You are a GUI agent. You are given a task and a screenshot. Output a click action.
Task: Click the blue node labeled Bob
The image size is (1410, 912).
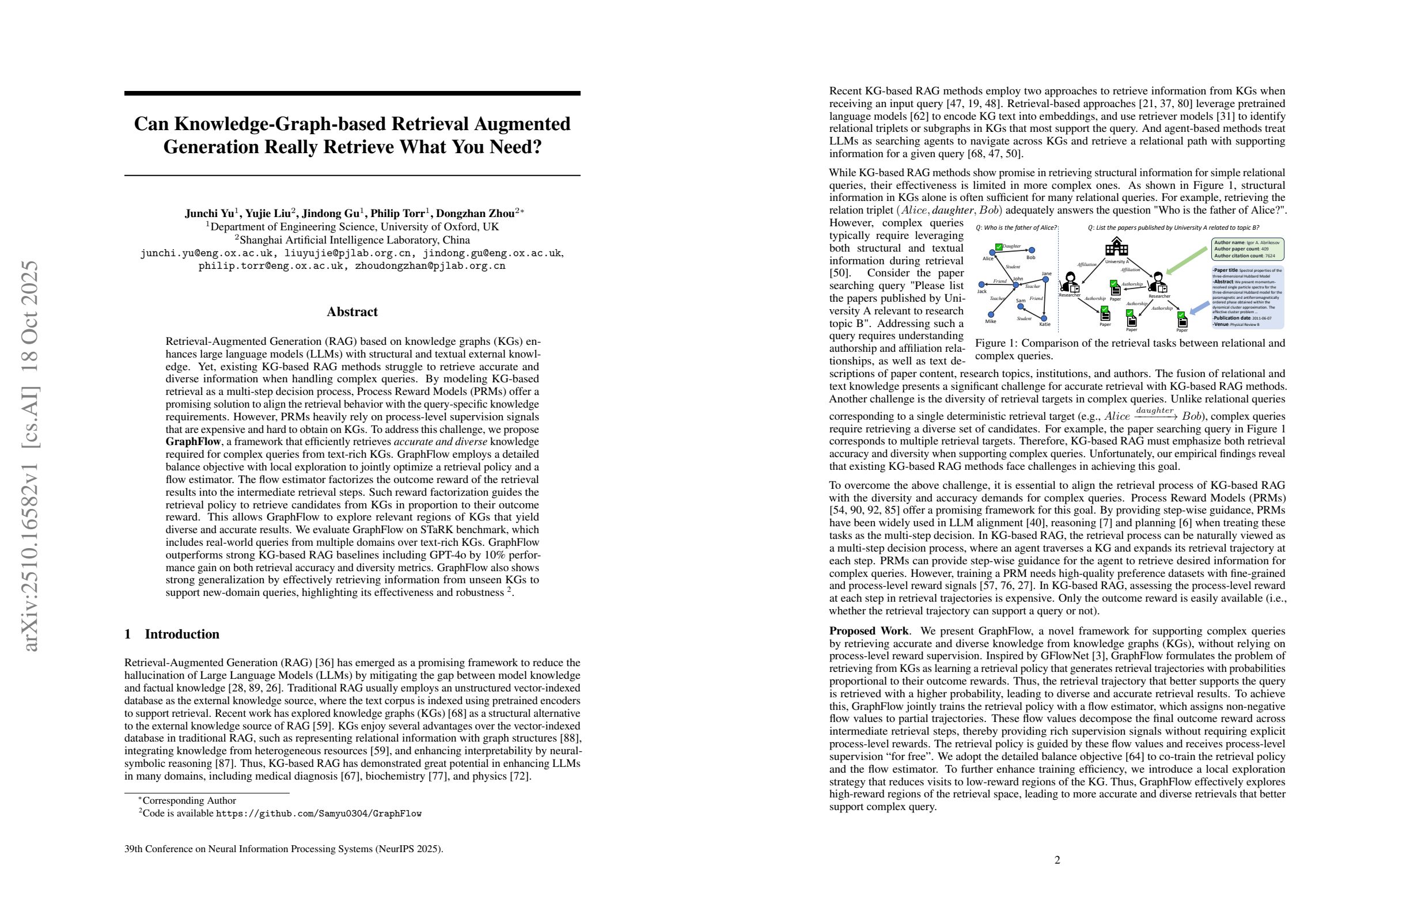click(x=1032, y=250)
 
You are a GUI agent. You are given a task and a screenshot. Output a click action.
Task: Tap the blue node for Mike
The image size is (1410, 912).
click(x=991, y=314)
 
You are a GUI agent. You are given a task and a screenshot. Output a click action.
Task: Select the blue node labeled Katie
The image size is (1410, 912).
click(x=1044, y=318)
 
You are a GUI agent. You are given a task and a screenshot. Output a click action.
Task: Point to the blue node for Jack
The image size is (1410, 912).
click(x=981, y=285)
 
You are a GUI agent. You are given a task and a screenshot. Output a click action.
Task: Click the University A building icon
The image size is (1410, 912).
click(x=1116, y=248)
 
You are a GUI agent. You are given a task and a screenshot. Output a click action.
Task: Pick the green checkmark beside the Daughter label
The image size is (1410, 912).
click(x=999, y=246)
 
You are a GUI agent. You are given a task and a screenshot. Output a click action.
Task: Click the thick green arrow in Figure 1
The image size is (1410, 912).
click(x=1186, y=261)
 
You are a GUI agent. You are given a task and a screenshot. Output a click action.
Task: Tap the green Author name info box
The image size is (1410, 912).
click(x=1246, y=249)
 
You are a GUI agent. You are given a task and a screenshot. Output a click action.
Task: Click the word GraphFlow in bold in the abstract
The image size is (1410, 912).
click(x=193, y=442)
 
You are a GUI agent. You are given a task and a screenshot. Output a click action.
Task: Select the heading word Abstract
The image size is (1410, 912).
click(x=352, y=312)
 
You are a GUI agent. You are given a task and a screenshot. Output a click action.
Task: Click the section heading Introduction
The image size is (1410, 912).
click(x=182, y=634)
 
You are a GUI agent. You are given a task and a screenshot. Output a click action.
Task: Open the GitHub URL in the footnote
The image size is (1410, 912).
click(x=318, y=814)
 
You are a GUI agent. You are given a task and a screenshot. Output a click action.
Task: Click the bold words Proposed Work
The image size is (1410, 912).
click(x=869, y=630)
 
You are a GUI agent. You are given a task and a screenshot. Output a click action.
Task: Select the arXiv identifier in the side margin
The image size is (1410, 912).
click(x=31, y=456)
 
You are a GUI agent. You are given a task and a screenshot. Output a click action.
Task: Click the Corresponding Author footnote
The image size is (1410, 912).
click(x=189, y=801)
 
